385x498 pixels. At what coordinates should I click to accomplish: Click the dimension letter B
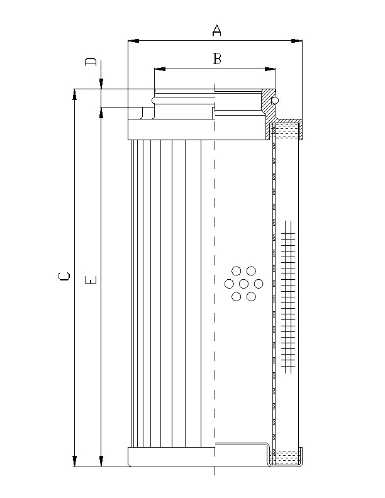(217, 58)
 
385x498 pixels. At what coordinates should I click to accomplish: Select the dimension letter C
(64, 277)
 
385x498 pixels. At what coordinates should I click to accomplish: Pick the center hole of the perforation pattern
(243, 284)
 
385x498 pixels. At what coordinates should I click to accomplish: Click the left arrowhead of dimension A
(132, 41)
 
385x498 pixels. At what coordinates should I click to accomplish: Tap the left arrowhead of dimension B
(159, 69)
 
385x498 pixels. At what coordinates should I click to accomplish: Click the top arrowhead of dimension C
(75, 94)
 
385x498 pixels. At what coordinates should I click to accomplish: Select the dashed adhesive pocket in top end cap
(287, 132)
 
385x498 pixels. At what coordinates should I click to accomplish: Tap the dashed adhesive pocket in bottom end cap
(286, 457)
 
